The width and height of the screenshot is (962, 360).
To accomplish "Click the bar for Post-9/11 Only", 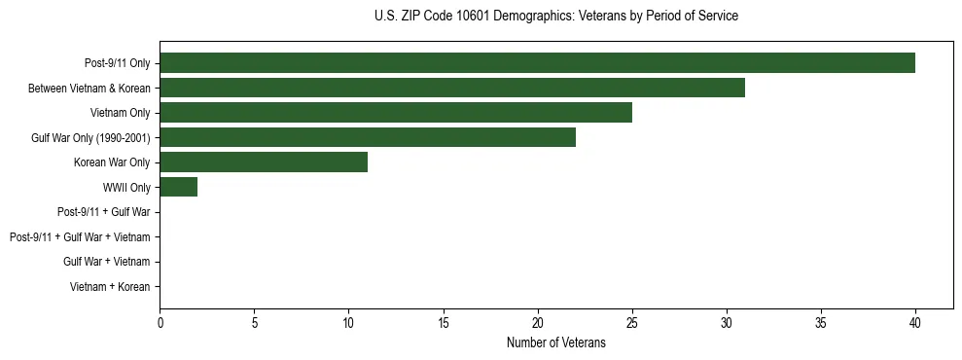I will point(537,63).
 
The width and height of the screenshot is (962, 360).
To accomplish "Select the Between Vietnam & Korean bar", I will point(452,88).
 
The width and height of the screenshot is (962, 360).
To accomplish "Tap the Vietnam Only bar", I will point(396,113).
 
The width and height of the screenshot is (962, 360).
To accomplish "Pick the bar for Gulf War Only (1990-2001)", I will point(368,137).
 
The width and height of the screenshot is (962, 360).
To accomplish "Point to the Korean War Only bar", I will point(264,162).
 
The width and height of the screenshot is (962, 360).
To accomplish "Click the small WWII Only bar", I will point(178,187).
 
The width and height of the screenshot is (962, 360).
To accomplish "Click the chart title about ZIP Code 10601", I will point(555,17).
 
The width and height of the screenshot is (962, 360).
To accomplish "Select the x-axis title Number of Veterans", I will point(555,342).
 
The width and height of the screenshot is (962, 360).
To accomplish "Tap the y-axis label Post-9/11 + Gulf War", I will point(104,212).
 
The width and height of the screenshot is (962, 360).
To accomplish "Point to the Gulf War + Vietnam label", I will point(107,262).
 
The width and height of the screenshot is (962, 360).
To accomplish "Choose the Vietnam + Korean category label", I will point(110,287).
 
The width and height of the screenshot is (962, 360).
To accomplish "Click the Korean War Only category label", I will point(112,162).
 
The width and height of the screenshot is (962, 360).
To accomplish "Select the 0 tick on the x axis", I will point(160,322).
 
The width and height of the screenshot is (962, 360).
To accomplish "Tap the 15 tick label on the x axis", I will point(443,322).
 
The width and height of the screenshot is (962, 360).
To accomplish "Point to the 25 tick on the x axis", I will point(632,322).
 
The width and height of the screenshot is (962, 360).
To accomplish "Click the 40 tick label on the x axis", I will point(915,322).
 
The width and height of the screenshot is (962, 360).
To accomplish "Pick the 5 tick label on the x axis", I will point(254,322).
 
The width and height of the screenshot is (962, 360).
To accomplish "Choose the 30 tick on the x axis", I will point(727,322).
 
